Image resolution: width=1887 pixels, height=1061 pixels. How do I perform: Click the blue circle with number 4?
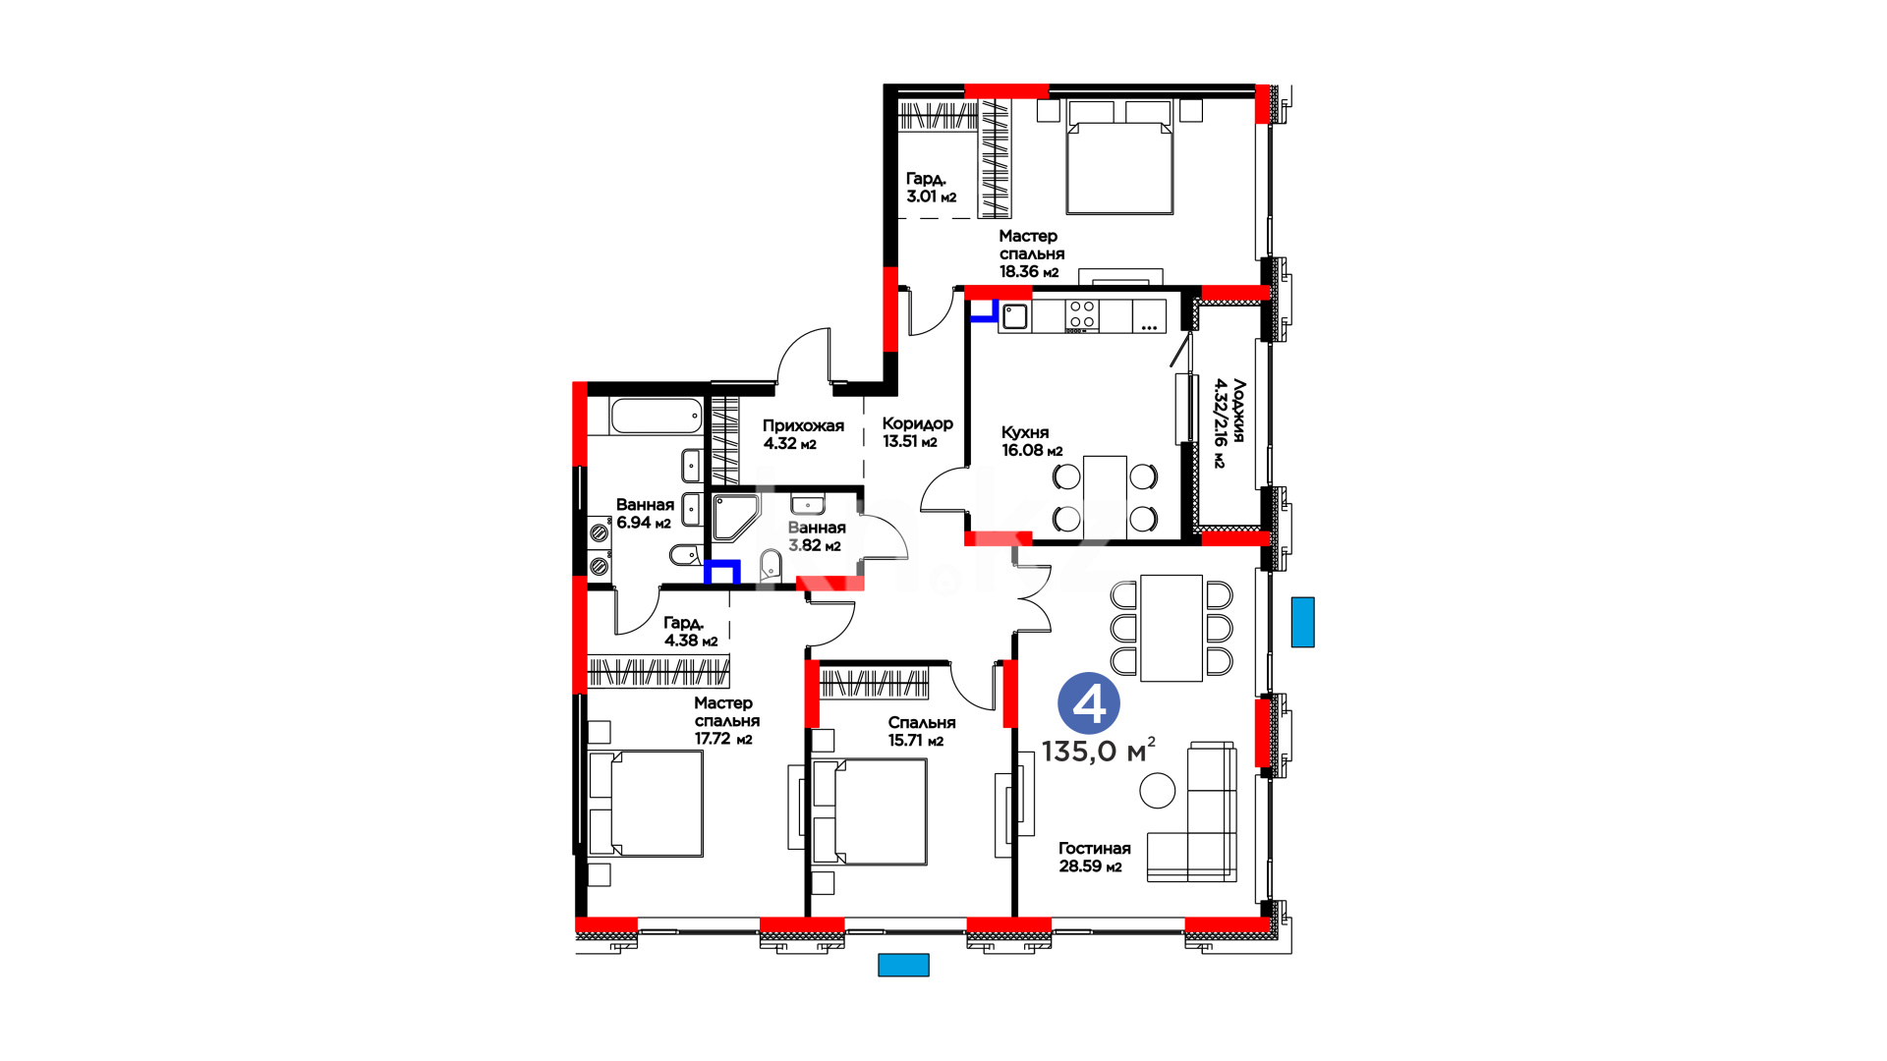click(x=1088, y=703)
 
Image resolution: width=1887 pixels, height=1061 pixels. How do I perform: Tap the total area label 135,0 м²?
click(x=1098, y=751)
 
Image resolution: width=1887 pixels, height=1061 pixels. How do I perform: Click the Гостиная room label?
click(x=1094, y=848)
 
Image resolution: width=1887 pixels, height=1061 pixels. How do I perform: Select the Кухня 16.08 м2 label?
click(x=1032, y=441)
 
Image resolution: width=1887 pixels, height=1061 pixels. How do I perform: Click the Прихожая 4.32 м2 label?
click(x=803, y=434)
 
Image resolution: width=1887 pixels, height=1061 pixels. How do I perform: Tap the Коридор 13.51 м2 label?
click(x=917, y=432)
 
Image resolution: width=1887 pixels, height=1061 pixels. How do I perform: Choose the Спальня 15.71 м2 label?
click(x=921, y=731)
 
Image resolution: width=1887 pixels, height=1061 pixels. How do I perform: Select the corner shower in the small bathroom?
click(x=734, y=517)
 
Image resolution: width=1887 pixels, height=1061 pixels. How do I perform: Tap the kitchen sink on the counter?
click(x=1015, y=315)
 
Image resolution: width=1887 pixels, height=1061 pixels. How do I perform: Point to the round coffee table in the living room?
click(x=1157, y=790)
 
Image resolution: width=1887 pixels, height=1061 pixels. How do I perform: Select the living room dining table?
click(x=1172, y=628)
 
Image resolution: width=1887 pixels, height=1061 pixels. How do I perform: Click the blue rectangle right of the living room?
click(x=1302, y=622)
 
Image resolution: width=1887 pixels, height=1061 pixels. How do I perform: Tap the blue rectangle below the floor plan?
click(x=903, y=965)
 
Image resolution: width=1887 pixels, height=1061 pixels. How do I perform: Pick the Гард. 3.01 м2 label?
click(x=931, y=187)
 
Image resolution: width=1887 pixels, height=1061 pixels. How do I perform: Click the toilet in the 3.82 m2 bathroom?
click(x=771, y=565)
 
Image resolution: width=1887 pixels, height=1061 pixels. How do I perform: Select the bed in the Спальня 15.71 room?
click(x=870, y=811)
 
